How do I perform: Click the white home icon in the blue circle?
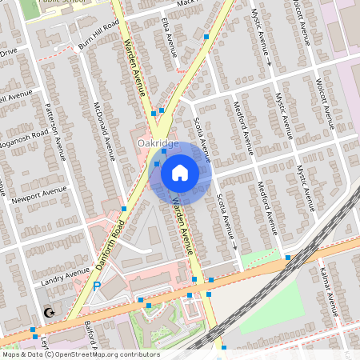180,172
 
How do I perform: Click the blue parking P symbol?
97,286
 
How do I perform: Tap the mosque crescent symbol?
50,313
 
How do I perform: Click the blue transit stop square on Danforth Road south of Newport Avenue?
124,209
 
